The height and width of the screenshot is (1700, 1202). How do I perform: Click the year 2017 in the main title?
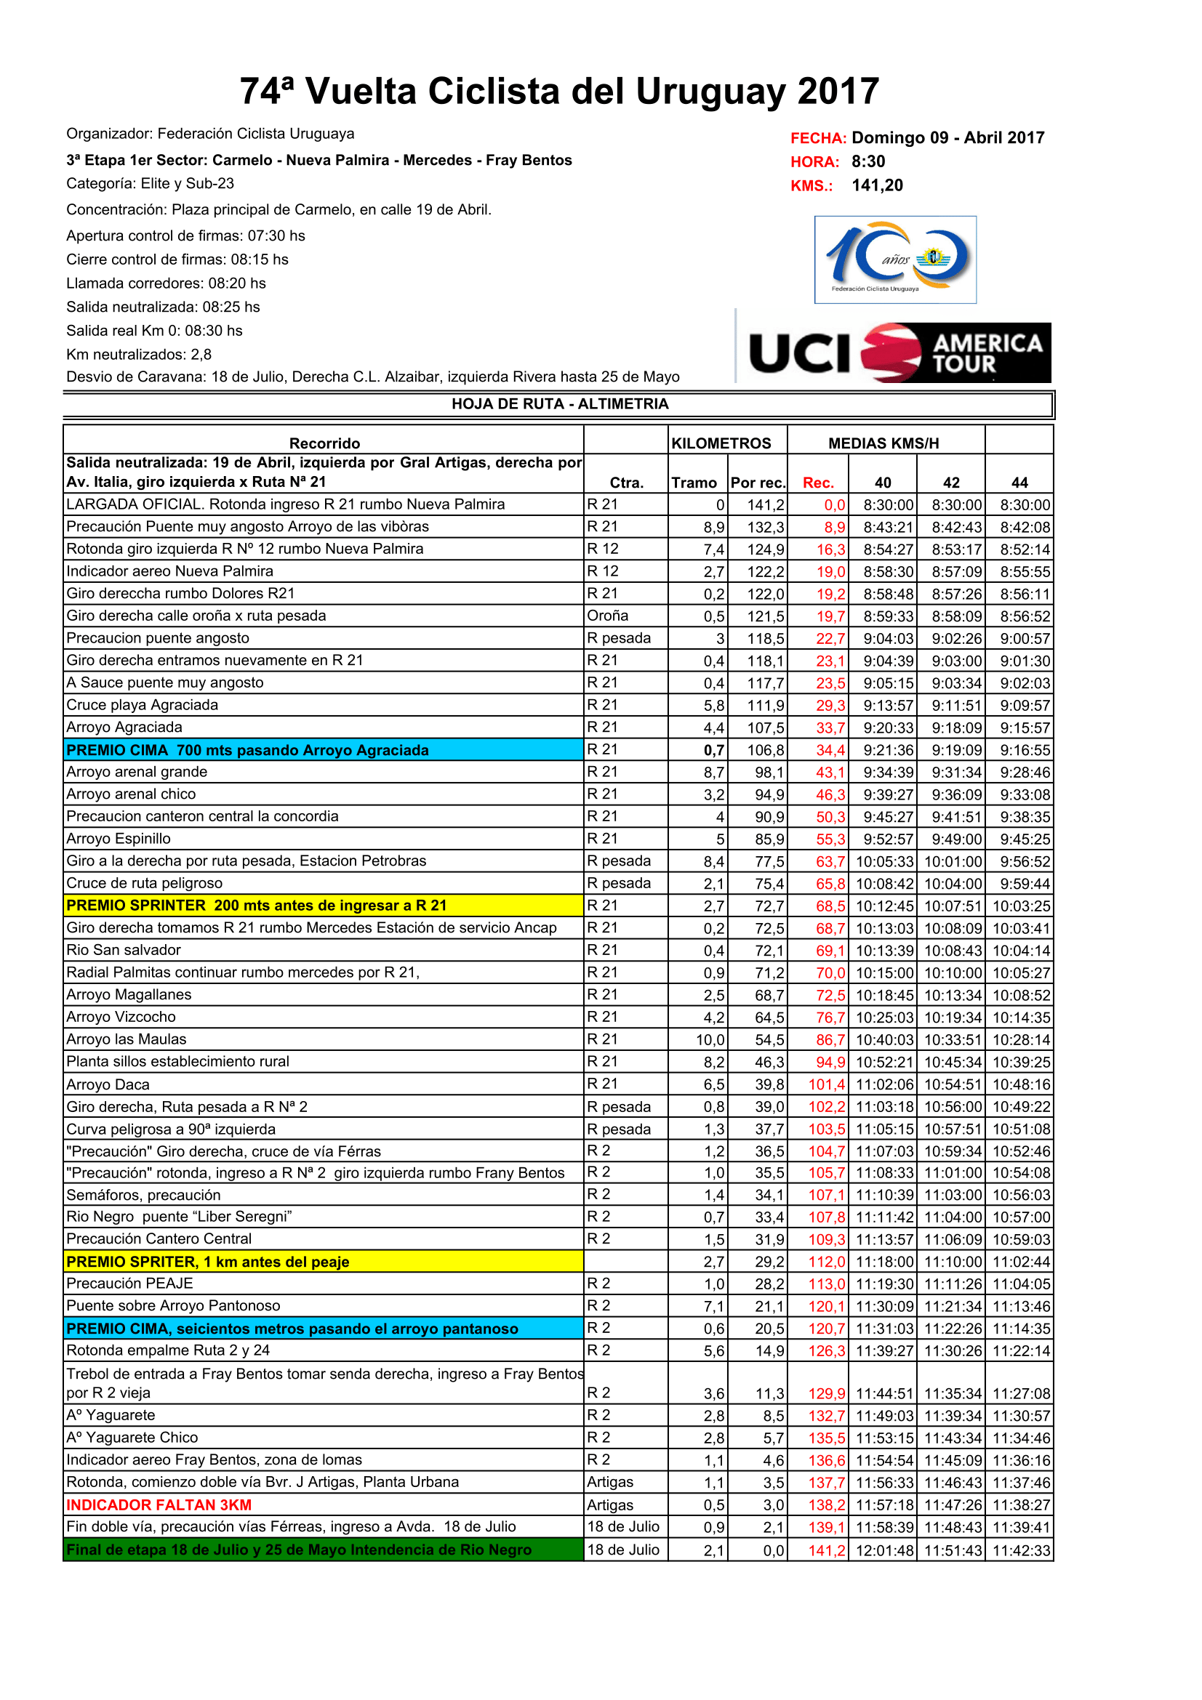point(838,92)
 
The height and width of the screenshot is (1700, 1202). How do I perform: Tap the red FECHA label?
point(817,139)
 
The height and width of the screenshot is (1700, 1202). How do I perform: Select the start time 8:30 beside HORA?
point(868,161)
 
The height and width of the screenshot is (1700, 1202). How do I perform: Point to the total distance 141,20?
point(877,185)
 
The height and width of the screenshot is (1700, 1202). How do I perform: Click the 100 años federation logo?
point(894,259)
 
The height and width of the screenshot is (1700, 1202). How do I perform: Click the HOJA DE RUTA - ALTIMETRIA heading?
point(560,403)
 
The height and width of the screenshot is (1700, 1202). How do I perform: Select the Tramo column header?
point(693,483)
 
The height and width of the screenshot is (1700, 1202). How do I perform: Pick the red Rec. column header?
point(817,483)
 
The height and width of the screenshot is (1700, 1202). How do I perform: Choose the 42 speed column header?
point(951,483)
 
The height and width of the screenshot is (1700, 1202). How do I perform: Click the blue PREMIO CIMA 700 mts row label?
point(247,750)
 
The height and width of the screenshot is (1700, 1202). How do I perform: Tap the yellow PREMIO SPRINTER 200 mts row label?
point(256,906)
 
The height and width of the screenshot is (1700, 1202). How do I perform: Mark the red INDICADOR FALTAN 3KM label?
point(159,1504)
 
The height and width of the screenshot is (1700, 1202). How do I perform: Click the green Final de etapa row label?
point(299,1550)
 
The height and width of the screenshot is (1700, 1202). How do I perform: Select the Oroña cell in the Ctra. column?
point(607,616)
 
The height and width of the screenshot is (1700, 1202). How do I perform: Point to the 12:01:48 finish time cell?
point(884,1550)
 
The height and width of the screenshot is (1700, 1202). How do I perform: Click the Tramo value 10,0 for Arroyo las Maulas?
point(710,1039)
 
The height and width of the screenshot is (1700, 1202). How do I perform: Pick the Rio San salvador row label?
point(124,950)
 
